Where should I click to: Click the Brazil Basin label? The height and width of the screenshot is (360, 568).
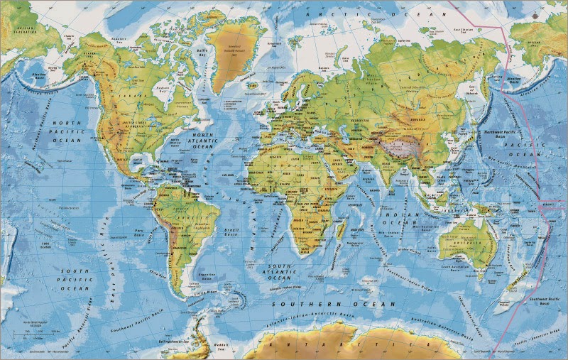(x=229, y=233)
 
